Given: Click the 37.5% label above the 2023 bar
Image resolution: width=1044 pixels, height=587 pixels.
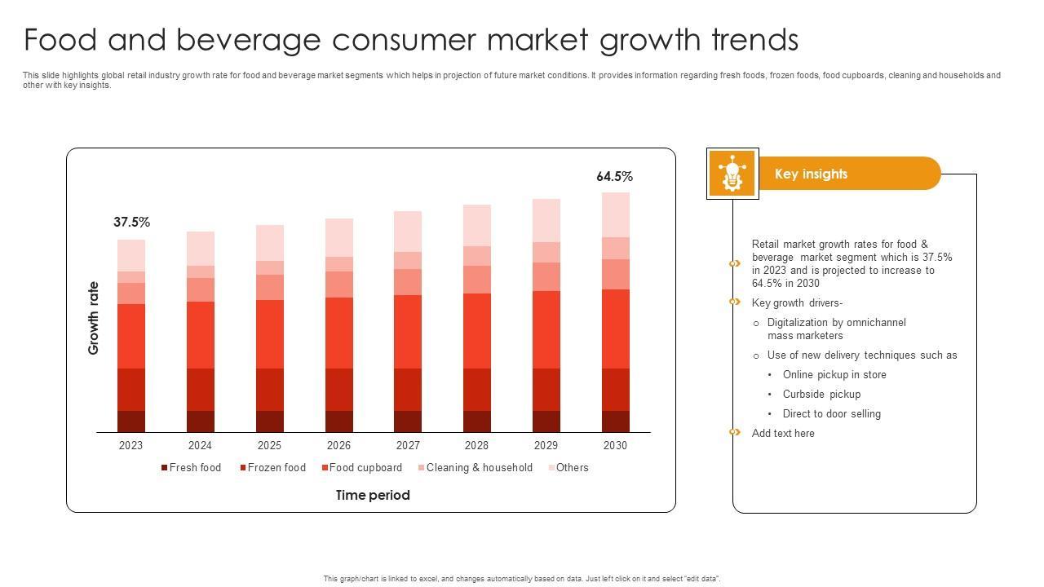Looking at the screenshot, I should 131,223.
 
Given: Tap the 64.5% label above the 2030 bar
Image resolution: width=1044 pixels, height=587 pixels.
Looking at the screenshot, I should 614,177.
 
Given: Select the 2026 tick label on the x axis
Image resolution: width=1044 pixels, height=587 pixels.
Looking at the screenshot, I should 338,445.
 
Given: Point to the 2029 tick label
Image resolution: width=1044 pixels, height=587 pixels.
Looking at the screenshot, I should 546,445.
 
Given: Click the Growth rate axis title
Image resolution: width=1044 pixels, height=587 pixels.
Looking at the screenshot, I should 94,318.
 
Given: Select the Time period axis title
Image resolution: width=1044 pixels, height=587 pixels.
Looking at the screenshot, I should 373,496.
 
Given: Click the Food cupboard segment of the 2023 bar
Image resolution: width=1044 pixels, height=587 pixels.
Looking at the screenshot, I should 131,336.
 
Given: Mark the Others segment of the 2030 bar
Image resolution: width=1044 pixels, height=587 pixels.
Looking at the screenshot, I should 616,214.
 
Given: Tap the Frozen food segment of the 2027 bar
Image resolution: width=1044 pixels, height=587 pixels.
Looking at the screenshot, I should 408,389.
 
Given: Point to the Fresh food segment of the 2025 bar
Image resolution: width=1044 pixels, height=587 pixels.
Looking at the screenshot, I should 270,421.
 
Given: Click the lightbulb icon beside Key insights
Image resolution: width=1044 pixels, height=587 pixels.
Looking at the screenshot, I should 732,174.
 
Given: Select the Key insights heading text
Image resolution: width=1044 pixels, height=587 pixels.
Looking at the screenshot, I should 811,174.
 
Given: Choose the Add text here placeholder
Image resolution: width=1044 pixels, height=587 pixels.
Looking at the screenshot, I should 783,434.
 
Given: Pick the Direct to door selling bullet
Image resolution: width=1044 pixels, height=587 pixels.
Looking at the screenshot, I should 831,414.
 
